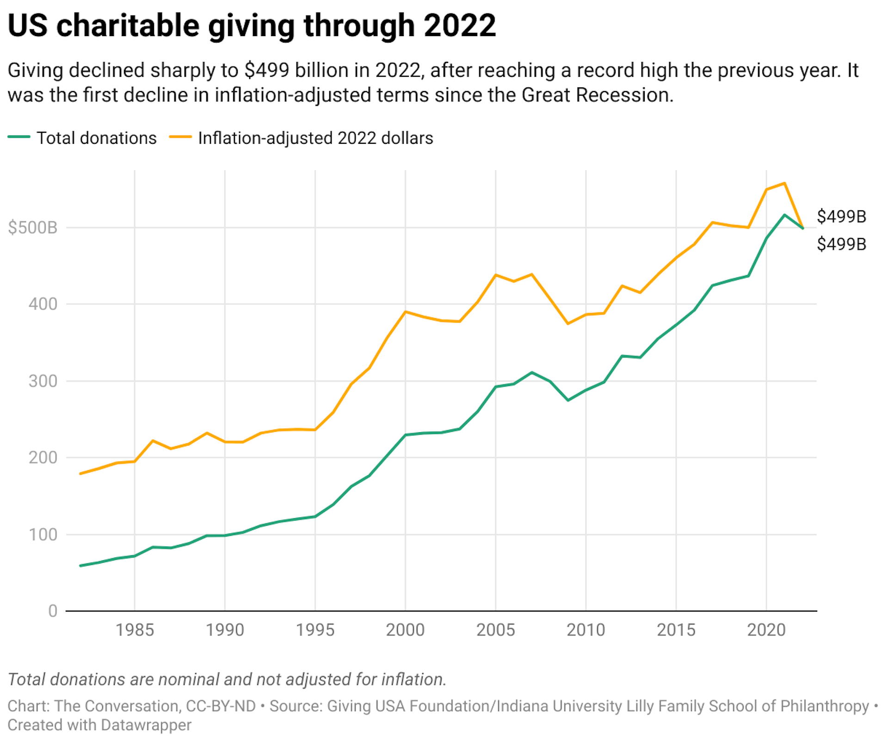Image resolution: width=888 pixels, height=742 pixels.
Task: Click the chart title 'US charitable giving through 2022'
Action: click(x=252, y=26)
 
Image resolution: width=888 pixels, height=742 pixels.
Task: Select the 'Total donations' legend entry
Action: click(x=96, y=138)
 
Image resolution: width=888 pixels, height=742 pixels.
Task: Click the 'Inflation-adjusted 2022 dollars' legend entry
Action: click(x=315, y=138)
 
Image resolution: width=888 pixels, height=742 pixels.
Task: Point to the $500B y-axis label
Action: click(x=32, y=227)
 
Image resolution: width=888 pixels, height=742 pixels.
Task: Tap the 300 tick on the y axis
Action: click(x=43, y=381)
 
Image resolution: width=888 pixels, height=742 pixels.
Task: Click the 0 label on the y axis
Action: click(x=53, y=611)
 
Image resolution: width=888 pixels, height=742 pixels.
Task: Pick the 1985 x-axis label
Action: click(x=135, y=630)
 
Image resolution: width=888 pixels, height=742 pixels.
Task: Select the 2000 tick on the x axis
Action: click(x=405, y=630)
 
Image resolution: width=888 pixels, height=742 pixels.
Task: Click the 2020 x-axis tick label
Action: click(x=766, y=630)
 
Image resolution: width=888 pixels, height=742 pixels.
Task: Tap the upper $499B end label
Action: click(x=841, y=216)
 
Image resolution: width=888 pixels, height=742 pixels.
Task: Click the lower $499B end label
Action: click(x=841, y=244)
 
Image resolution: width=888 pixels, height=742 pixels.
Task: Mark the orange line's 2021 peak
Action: click(x=784, y=183)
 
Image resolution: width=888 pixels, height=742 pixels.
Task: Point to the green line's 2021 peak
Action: click(x=784, y=215)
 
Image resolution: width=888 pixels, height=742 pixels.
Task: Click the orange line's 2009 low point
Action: click(x=568, y=324)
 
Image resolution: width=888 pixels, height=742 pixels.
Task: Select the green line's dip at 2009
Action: click(x=568, y=400)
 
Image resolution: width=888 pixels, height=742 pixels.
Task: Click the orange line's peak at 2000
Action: click(x=405, y=312)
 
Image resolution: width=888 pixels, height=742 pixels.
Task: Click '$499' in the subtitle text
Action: click(x=267, y=71)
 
